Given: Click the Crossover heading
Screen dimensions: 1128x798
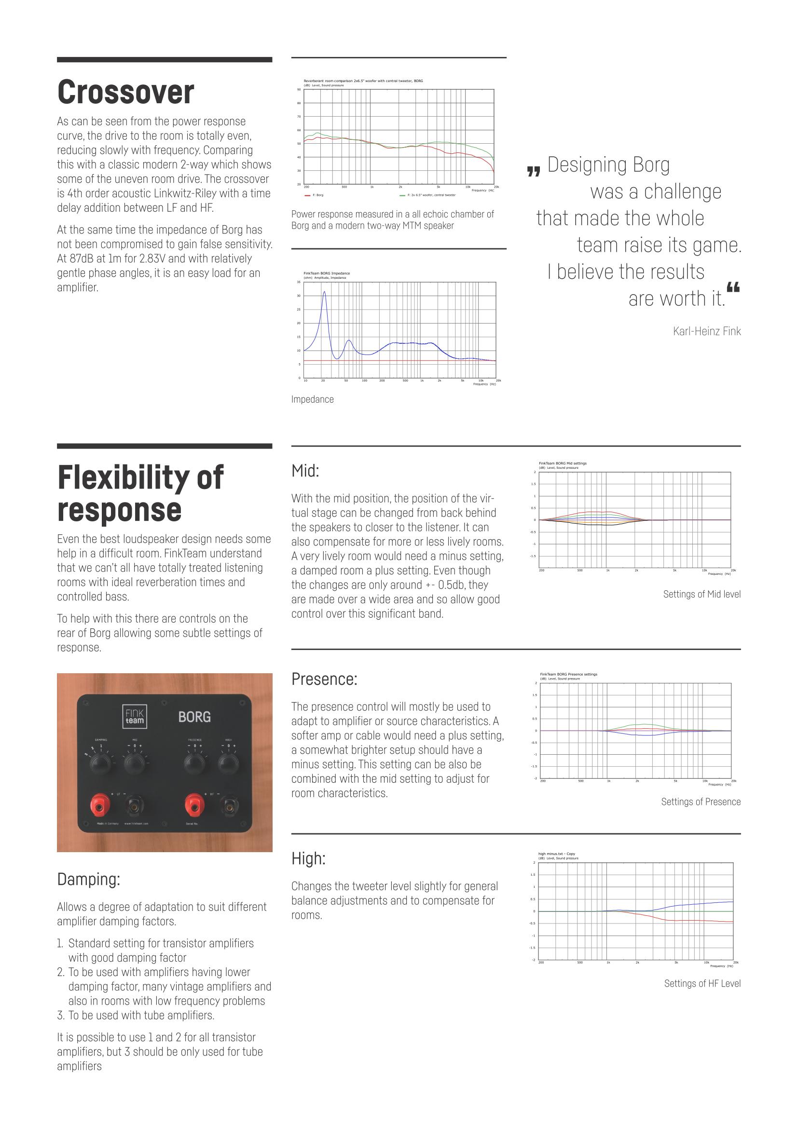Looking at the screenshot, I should point(126,93).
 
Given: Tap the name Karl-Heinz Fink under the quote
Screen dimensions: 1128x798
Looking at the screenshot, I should point(707,331).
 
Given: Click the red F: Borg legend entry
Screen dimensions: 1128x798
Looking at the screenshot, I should point(315,195).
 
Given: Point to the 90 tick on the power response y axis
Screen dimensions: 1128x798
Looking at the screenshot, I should point(299,89).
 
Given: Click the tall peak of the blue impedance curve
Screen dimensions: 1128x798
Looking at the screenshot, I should point(324,292).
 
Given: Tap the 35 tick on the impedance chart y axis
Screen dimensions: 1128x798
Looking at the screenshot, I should point(299,282).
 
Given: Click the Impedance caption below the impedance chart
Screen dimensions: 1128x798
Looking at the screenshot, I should point(313,399).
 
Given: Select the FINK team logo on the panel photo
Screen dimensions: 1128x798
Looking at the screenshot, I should point(134,717).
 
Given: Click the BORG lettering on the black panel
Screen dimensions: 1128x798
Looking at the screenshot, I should point(194,717).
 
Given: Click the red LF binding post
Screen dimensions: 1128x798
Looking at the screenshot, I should point(100,806).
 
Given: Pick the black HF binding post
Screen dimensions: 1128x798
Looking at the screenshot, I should point(229,806).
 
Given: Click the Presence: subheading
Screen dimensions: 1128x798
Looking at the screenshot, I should point(324,679).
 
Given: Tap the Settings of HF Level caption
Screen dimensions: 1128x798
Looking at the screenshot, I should point(702,983).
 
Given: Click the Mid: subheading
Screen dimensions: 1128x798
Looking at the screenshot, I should point(305,471).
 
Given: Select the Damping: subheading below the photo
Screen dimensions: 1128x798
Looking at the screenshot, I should point(88,879).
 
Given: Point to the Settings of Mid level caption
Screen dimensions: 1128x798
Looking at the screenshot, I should point(702,594).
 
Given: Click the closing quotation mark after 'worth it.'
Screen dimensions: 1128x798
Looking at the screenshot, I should point(733,287).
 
